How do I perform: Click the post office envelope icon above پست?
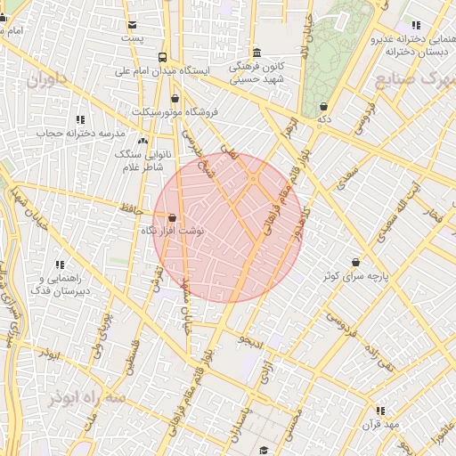click(x=133, y=25)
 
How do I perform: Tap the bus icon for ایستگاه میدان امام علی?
click(x=160, y=56)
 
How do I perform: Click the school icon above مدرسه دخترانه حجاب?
click(x=80, y=119)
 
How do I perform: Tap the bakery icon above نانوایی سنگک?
click(x=142, y=140)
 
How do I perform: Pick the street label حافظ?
click(x=132, y=209)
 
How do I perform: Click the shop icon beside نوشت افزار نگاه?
click(x=171, y=218)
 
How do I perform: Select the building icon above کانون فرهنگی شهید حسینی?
click(x=257, y=52)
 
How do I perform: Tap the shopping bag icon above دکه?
click(x=322, y=106)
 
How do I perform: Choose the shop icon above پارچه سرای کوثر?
click(x=356, y=263)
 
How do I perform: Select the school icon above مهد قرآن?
click(x=380, y=411)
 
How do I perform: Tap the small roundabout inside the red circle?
click(x=254, y=180)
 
